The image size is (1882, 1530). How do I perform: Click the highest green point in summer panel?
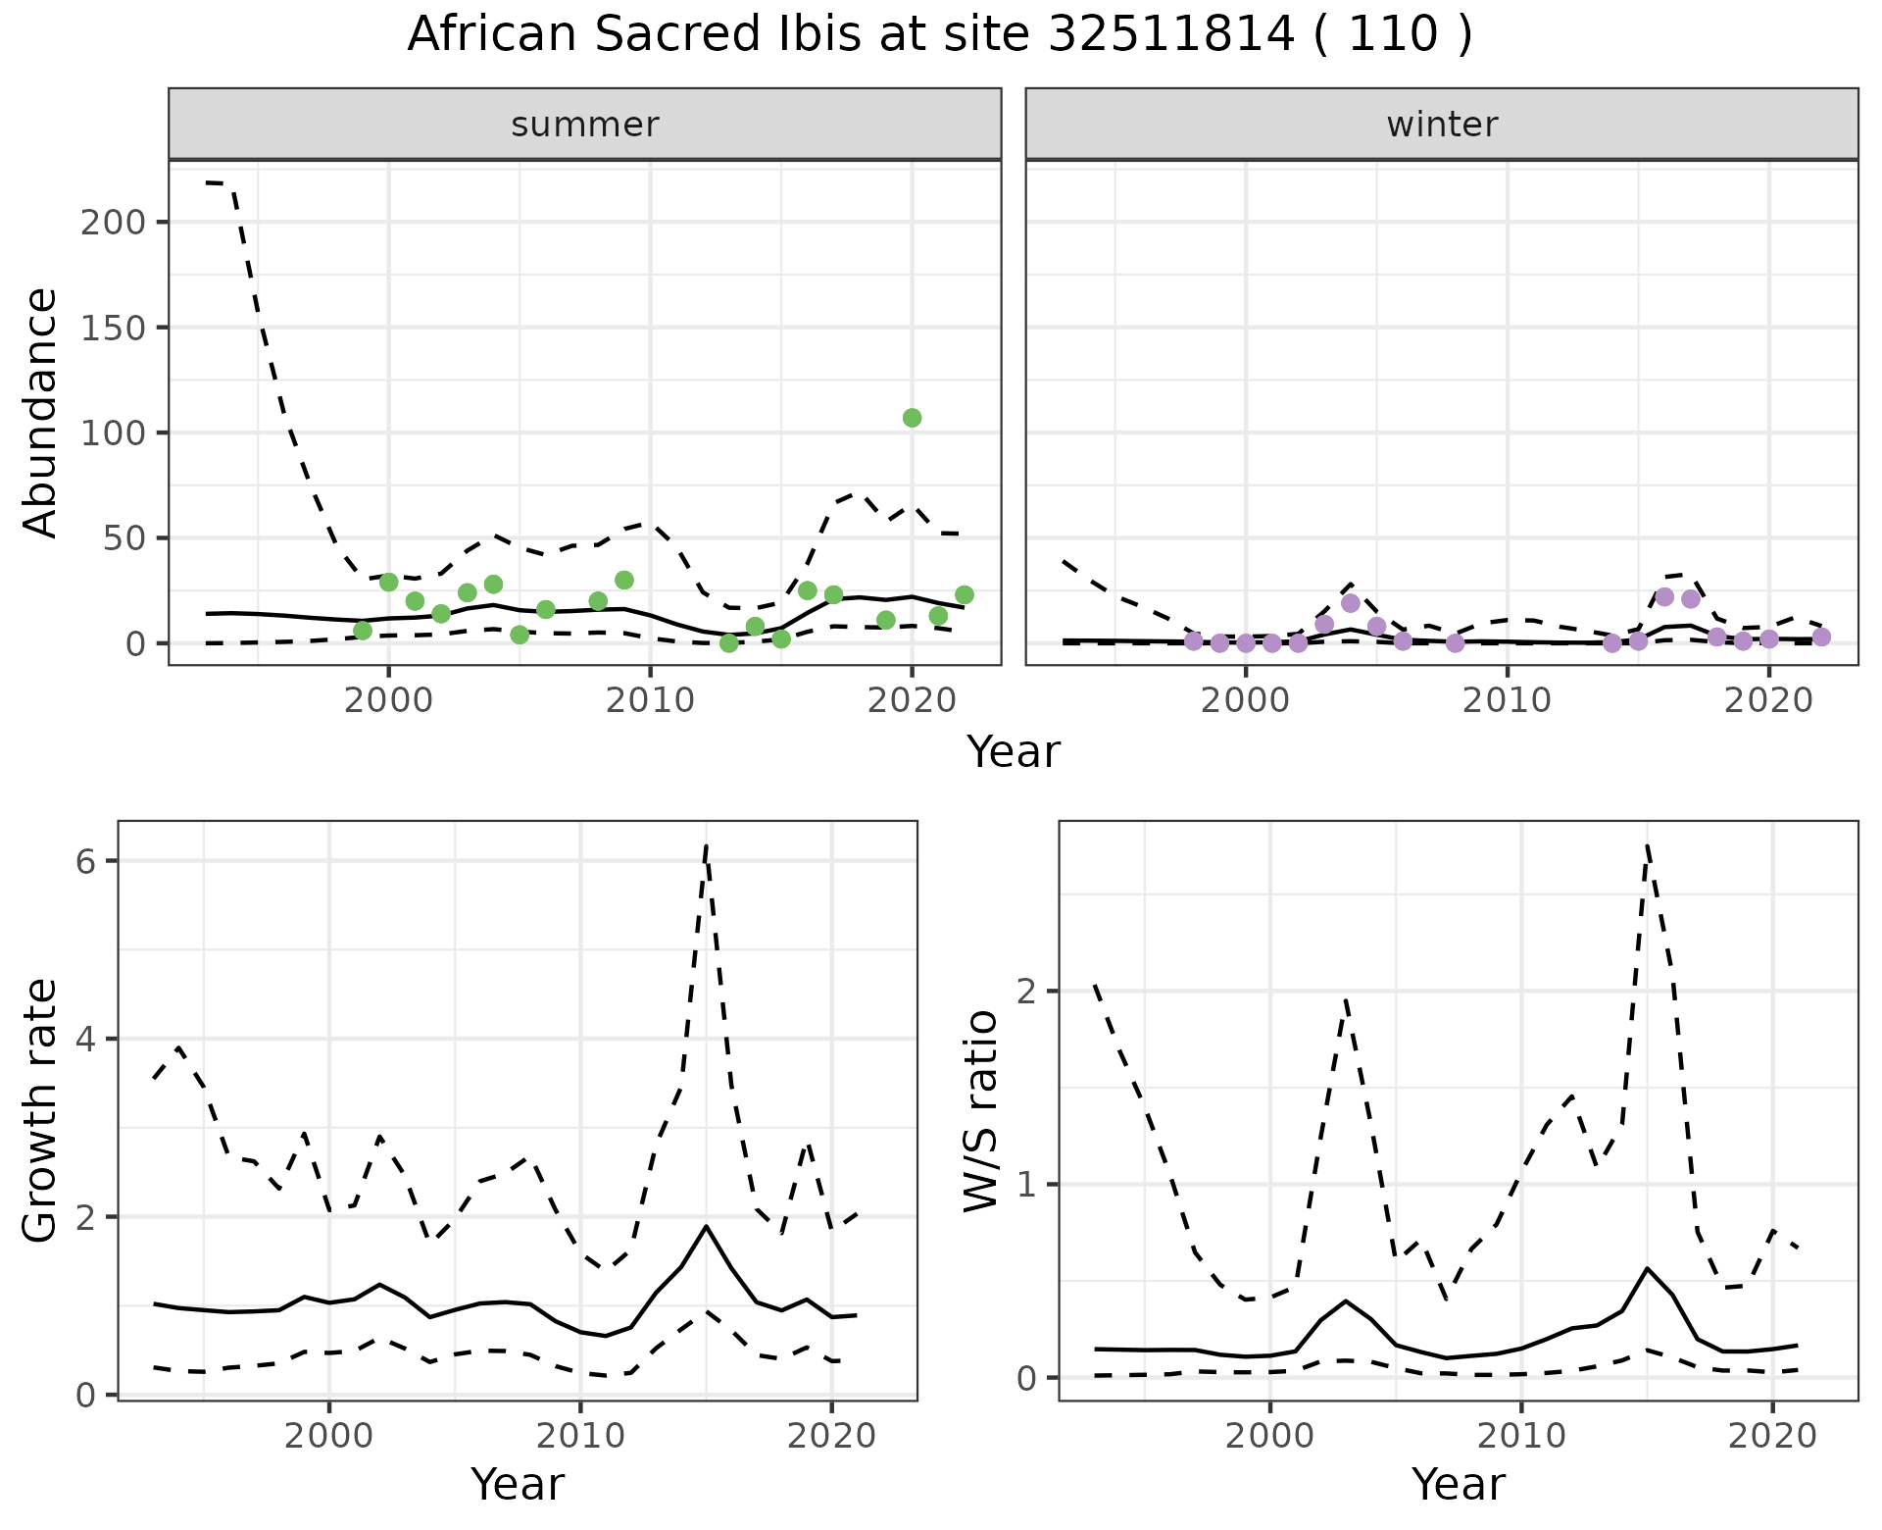(x=912, y=418)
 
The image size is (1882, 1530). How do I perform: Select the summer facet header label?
(x=585, y=125)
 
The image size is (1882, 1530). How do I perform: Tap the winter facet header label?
(x=1442, y=125)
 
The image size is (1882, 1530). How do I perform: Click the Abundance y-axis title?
(x=41, y=412)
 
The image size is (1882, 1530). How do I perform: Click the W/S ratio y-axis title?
(x=981, y=1111)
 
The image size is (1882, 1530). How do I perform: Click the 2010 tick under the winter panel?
(x=1507, y=700)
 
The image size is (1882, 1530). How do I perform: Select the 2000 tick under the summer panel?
(x=388, y=700)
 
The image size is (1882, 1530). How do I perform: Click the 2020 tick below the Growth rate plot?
(x=831, y=1436)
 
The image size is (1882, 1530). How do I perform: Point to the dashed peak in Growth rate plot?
(x=706, y=845)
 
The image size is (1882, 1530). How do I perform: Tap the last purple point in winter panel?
(x=1821, y=637)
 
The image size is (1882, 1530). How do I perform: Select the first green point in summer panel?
(x=363, y=631)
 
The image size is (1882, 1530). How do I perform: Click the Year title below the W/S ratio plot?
(x=1459, y=1484)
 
